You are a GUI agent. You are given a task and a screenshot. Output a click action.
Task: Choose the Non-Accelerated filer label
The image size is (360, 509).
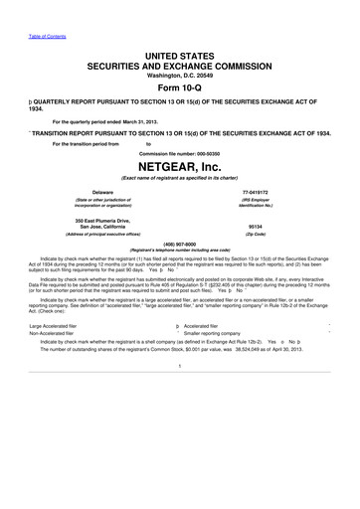pos(56,334)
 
